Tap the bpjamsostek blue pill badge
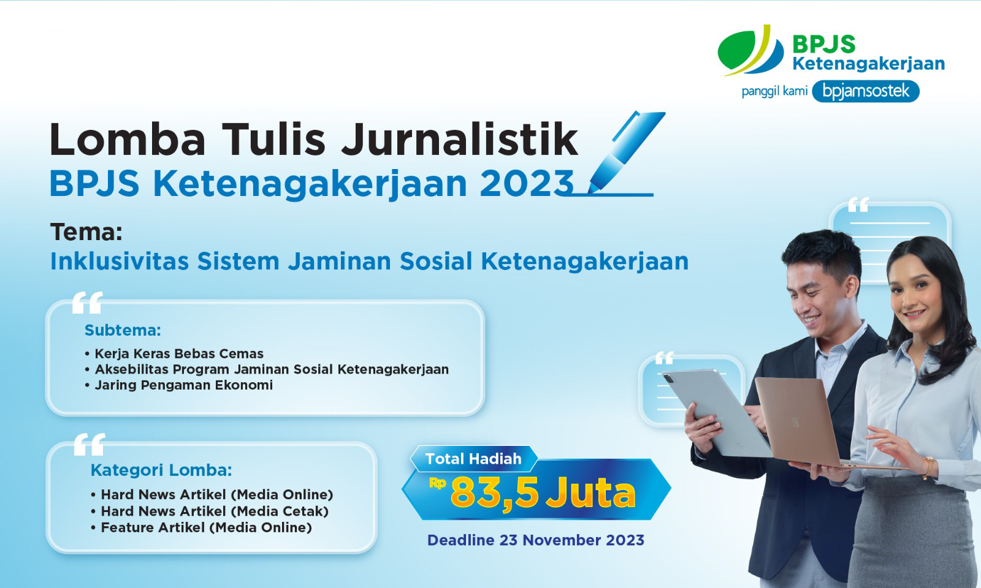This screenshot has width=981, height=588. tap(865, 92)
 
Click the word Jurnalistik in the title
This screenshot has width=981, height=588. tap(459, 140)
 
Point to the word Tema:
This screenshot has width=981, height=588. tap(86, 233)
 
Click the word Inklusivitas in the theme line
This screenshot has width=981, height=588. tap(120, 262)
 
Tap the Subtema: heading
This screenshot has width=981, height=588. tap(123, 331)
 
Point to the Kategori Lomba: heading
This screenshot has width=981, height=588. tap(161, 470)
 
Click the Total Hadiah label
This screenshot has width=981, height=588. tap(473, 459)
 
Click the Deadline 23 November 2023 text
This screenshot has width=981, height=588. tap(535, 540)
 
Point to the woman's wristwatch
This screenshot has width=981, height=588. tap(929, 467)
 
